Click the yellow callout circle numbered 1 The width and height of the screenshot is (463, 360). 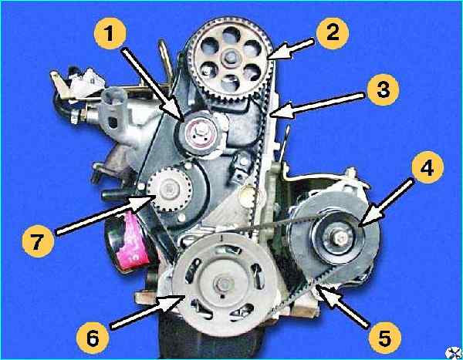[x=110, y=33]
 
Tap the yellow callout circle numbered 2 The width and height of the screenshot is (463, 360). [x=333, y=33]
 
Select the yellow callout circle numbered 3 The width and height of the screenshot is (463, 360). [x=384, y=89]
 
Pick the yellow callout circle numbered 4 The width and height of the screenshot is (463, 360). [x=427, y=167]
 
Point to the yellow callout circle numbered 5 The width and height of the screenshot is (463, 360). [x=385, y=338]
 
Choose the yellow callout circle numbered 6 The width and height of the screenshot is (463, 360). [x=93, y=338]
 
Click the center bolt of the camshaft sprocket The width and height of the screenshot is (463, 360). [x=230, y=58]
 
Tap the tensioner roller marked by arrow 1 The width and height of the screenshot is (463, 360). [x=198, y=133]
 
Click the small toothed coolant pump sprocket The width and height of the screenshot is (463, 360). [x=170, y=189]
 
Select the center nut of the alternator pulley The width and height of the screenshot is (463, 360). [x=341, y=237]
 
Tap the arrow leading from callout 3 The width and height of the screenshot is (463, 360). [x=317, y=105]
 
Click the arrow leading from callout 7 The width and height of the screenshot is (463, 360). [x=105, y=215]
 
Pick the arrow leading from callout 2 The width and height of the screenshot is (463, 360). [x=290, y=49]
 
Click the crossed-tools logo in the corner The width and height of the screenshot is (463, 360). [x=454, y=352]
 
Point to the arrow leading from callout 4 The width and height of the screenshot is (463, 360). [x=385, y=204]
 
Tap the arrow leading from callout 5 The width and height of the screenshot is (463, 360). [x=342, y=305]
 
